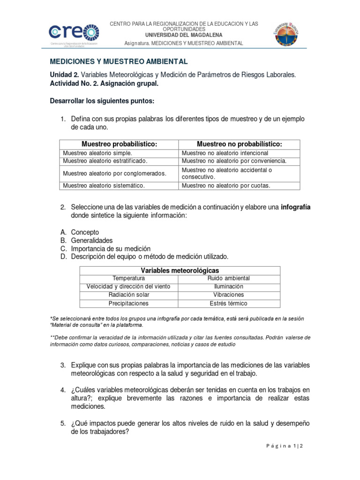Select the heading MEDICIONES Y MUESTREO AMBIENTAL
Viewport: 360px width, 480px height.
point(119,61)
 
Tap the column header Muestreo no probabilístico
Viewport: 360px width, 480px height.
point(239,144)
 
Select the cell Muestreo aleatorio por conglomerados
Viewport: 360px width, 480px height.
point(115,173)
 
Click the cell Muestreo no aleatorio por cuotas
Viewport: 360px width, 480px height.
point(226,186)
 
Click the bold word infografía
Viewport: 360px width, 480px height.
point(296,207)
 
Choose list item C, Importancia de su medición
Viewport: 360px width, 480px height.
point(111,248)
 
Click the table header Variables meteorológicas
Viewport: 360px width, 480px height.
point(180,270)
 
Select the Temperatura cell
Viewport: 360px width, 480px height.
point(126,278)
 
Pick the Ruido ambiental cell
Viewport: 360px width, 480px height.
point(229,278)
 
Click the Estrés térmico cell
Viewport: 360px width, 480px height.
point(229,303)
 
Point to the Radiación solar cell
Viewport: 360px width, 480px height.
point(126,295)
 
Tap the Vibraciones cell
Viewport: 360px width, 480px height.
point(229,295)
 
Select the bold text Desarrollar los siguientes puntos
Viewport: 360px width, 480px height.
point(102,101)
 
